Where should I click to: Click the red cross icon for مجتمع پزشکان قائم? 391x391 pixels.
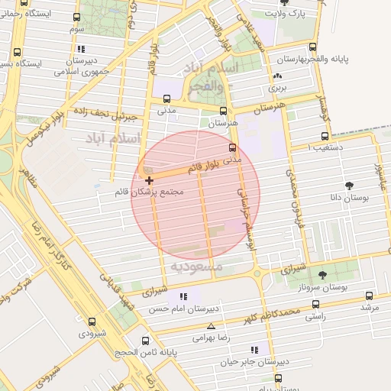tap(149, 180)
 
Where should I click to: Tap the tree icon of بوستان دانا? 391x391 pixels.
tap(350, 185)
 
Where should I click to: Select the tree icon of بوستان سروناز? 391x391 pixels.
tap(322, 274)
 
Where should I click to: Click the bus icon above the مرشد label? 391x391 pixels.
tap(370, 296)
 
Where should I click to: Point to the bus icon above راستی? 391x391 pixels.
tap(315, 304)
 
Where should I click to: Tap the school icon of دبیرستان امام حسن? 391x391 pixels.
tap(183, 297)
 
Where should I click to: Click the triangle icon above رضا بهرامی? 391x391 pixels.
tap(211, 325)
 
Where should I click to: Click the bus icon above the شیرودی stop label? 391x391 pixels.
tap(93, 322)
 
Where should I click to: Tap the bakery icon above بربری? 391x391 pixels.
tap(277, 76)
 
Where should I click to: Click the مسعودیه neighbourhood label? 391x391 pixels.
tap(196, 267)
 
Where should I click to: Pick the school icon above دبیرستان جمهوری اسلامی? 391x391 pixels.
tap(80, 49)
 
